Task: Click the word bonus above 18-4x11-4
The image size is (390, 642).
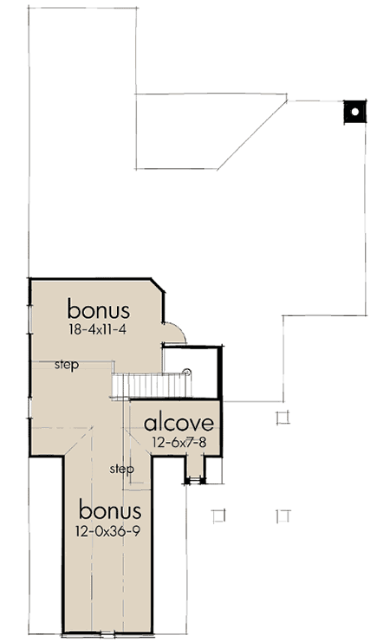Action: coord(98,309)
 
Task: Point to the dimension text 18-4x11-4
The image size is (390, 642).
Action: coord(98,329)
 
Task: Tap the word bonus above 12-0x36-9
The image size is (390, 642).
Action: coord(110,510)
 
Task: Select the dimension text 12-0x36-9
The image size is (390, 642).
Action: coord(107,531)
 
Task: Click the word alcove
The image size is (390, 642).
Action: coord(179,423)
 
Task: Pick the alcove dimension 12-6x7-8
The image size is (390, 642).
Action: coord(179,442)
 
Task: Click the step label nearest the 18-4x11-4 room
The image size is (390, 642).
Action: coord(67,365)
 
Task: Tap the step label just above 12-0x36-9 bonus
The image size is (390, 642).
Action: coord(121,469)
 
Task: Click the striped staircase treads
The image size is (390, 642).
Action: coord(152,386)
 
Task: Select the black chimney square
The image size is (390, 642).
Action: coord(354,112)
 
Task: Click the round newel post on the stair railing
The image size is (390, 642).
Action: coord(187,373)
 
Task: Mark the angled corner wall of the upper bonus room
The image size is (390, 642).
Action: coord(158,286)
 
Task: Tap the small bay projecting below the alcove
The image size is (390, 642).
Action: coord(195,469)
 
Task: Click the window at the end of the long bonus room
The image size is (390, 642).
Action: coord(108,634)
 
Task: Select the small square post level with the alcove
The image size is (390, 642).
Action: coord(283,418)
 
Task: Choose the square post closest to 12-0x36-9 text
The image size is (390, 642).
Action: coord(219,516)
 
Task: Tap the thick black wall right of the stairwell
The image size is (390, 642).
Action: coord(220,373)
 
